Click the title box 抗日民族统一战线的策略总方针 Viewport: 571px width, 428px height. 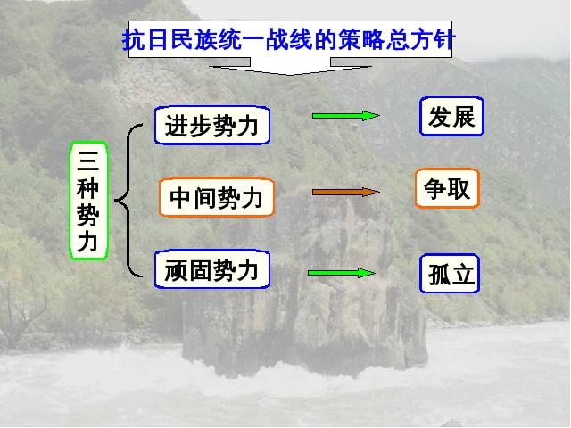pyautogui.click(x=290, y=39)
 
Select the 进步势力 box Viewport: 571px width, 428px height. pyautogui.click(x=212, y=125)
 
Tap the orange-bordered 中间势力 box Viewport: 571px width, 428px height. pyautogui.click(x=216, y=197)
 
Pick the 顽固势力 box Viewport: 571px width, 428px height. pyautogui.click(x=212, y=269)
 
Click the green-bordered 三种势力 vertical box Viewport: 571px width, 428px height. pyautogui.click(x=88, y=201)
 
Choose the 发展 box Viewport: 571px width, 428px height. pyautogui.click(x=451, y=117)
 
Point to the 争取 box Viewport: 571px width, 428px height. pyautogui.click(x=447, y=188)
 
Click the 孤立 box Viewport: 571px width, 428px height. pyautogui.click(x=450, y=274)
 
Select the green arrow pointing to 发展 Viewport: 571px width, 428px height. pyautogui.click(x=346, y=116)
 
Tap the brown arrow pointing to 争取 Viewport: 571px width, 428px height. pyautogui.click(x=346, y=193)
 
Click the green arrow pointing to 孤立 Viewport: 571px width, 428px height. pyautogui.click(x=342, y=273)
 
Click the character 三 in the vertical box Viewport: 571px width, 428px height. pyautogui.click(x=88, y=160)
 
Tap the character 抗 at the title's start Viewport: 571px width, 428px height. pyautogui.click(x=134, y=39)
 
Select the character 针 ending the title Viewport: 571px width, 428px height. pyautogui.click(x=444, y=39)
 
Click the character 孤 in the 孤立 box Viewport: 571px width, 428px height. pyautogui.click(x=439, y=274)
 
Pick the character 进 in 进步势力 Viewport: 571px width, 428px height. pyautogui.click(x=177, y=126)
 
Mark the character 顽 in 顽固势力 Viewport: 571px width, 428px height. pyautogui.click(x=177, y=269)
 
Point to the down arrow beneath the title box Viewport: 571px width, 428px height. pyautogui.click(x=290, y=67)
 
